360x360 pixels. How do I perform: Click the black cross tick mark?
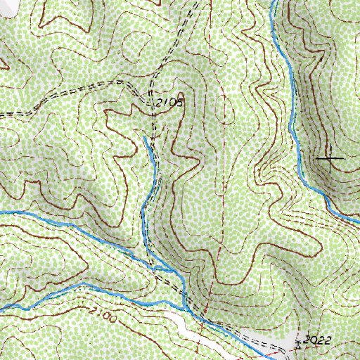(330, 159)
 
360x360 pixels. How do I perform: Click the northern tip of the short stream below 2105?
(144, 138)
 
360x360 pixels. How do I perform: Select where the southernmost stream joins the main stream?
(184, 307)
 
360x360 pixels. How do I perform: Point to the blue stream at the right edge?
(357, 224)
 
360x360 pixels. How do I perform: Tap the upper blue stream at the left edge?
(2, 212)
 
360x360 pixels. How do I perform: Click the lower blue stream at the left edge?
(2, 308)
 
